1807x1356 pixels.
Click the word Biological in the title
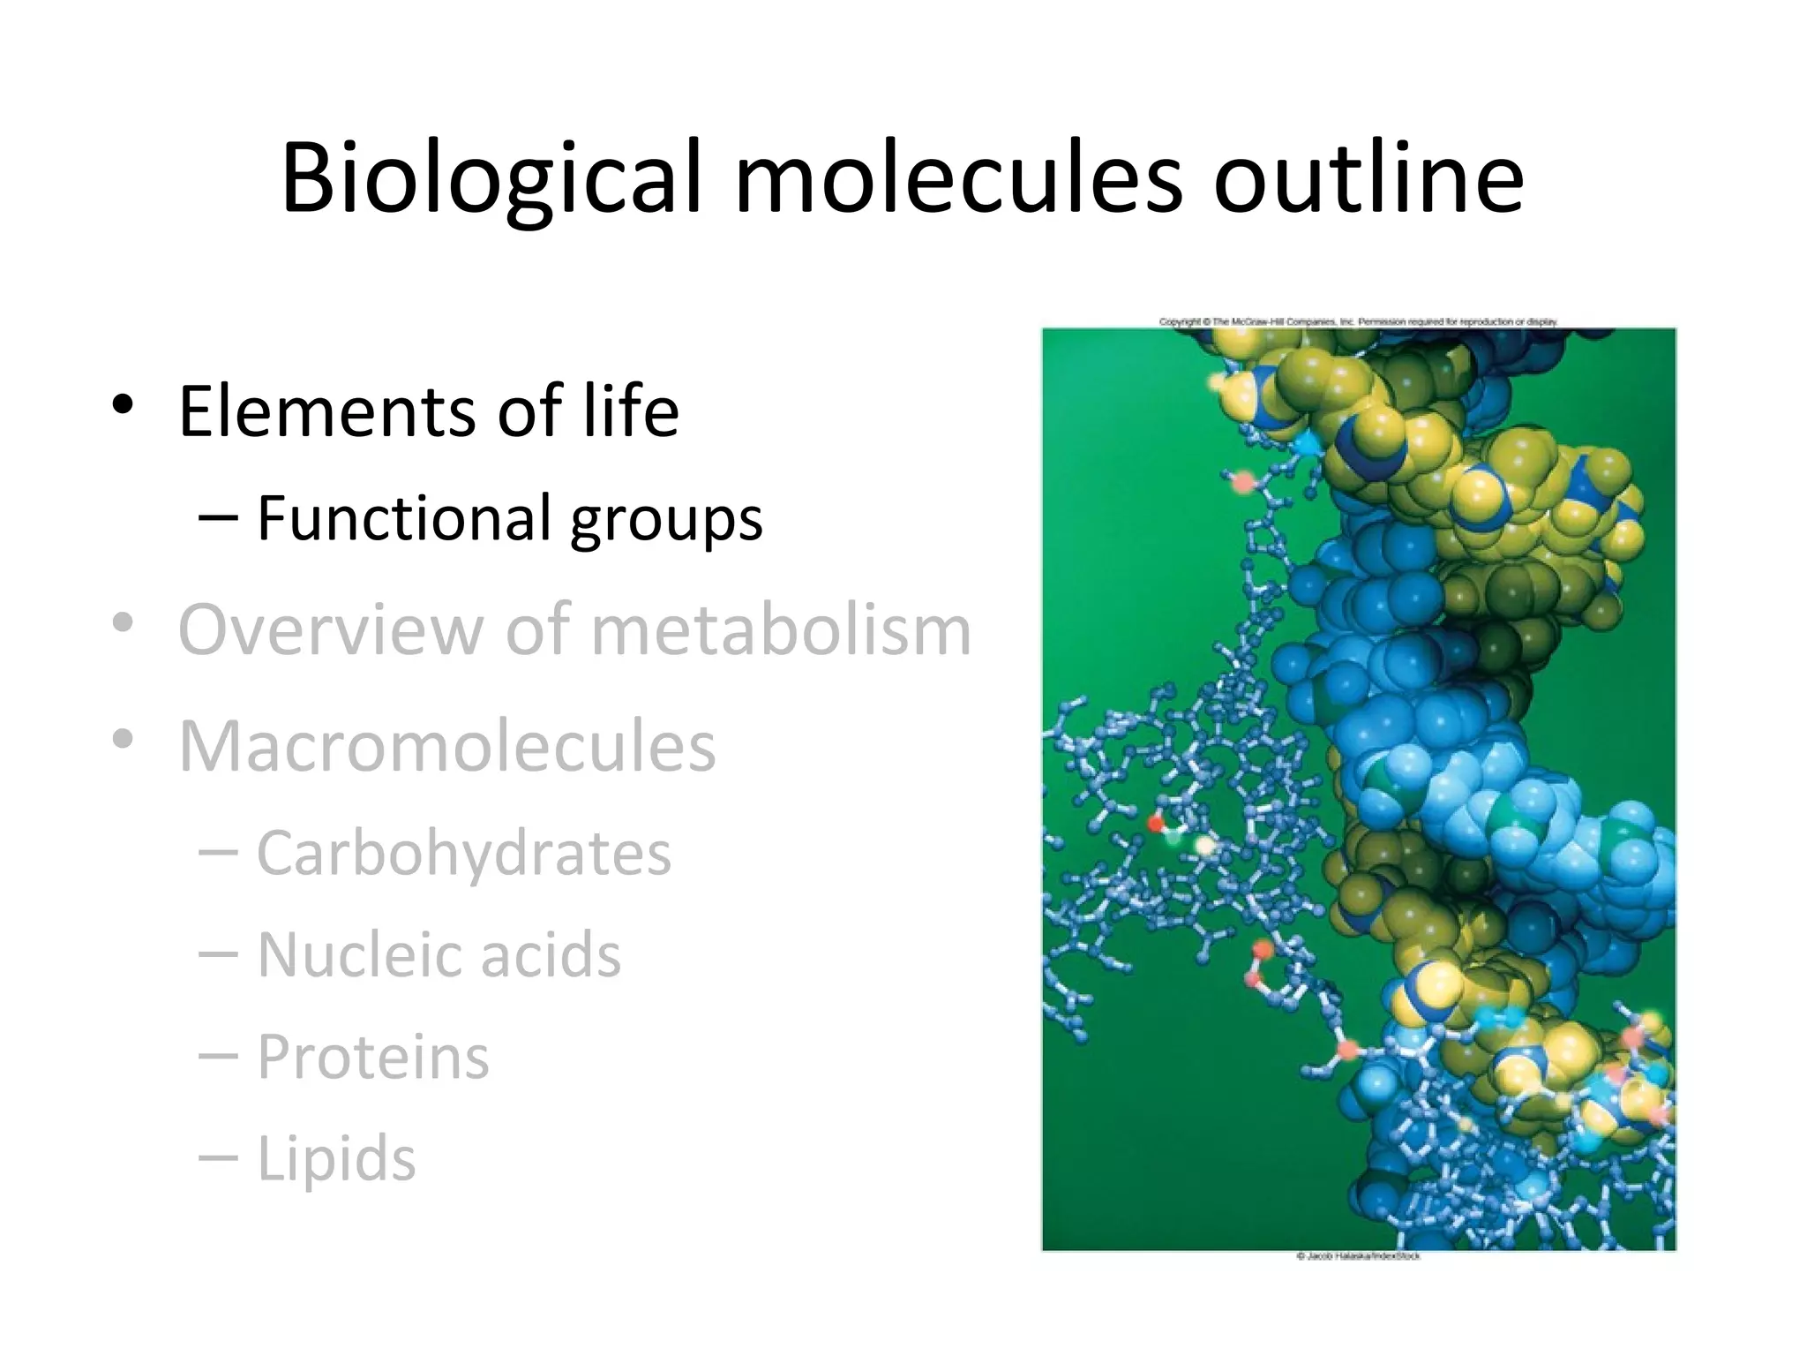(491, 178)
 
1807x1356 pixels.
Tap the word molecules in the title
(958, 178)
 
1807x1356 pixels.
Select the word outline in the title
(1368, 178)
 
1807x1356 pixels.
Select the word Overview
(331, 630)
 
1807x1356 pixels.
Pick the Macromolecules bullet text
(447, 747)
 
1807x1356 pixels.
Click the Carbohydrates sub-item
(464, 855)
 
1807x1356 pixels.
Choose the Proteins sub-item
(372, 1057)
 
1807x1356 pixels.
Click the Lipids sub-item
(336, 1159)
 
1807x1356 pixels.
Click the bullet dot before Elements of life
(123, 405)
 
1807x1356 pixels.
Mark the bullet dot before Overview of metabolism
(123, 623)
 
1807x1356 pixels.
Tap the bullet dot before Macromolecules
(123, 739)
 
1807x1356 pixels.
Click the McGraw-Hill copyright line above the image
(1358, 322)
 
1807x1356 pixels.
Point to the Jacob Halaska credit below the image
(1358, 1256)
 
